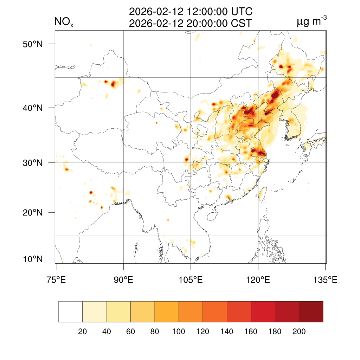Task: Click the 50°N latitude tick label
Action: tap(33, 44)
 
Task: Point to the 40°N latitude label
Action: tap(33, 108)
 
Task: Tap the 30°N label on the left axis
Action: tap(33, 163)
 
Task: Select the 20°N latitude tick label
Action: tap(33, 213)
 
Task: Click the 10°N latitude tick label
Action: tap(33, 259)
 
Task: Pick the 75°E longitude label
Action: tap(56, 280)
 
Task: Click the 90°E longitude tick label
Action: tap(123, 280)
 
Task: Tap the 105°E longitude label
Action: tap(191, 280)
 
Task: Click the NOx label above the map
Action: tap(64, 22)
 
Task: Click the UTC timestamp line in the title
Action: tap(191, 12)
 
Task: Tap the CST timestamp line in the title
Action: tap(191, 24)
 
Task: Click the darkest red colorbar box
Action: tap(311, 311)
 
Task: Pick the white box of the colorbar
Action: tap(70, 311)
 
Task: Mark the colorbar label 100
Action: tap(179, 332)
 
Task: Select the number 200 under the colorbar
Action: tap(299, 332)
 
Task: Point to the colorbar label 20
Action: tap(82, 332)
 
